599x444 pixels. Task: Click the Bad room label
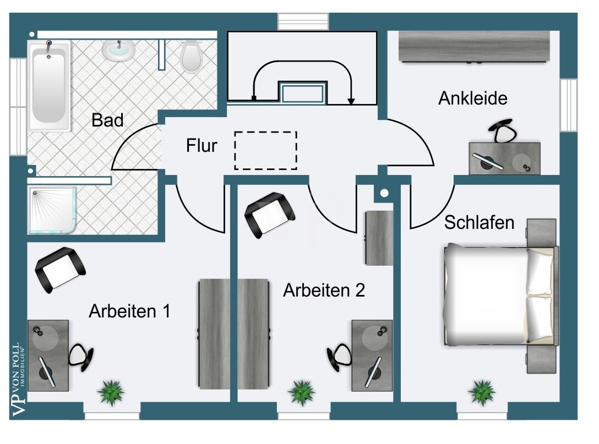pos(107,120)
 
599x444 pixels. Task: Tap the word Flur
pos(202,145)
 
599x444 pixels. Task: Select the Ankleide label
pos(472,98)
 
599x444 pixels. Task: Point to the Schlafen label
pos(479,223)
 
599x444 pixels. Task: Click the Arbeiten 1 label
pos(129,311)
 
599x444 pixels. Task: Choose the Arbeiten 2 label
pos(324,290)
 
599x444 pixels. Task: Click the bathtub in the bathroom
pos(49,85)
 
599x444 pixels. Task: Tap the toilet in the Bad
pos(190,57)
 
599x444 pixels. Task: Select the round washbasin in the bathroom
pos(119,51)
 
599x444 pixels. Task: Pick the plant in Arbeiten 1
pos(111,392)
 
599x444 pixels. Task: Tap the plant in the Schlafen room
pos(482,392)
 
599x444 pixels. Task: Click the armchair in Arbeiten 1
pos(60,270)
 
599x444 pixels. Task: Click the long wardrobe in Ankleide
pos(474,46)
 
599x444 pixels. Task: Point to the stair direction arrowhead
pos(351,101)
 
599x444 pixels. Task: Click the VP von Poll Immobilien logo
pos(18,380)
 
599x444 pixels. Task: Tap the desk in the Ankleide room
pos(504,158)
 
